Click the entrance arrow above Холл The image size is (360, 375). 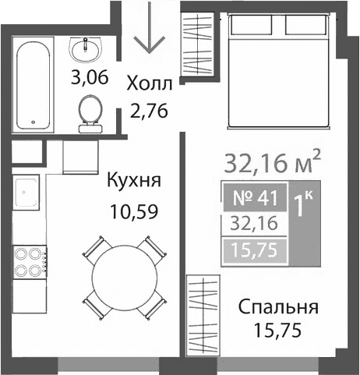[x=145, y=35]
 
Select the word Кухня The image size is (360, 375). [x=134, y=182]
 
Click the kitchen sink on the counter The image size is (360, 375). [x=28, y=190]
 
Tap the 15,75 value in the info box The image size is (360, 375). [x=252, y=250]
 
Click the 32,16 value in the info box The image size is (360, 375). [x=252, y=223]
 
